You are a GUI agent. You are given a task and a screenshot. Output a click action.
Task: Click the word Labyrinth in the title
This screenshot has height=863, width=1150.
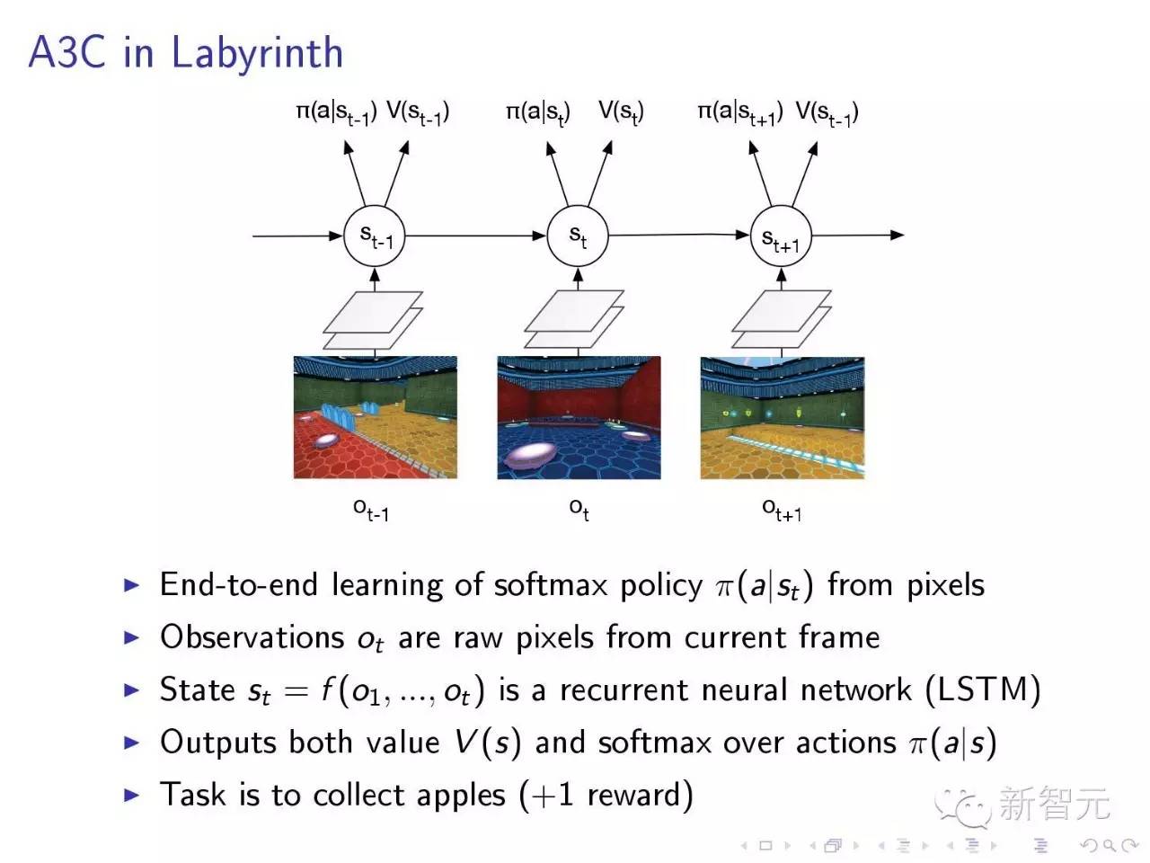pyautogui.click(x=257, y=52)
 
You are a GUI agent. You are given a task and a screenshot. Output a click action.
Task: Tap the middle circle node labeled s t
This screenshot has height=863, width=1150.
pyautogui.click(x=578, y=236)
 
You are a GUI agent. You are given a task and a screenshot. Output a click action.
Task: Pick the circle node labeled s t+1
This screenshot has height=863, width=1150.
pyautogui.click(x=780, y=237)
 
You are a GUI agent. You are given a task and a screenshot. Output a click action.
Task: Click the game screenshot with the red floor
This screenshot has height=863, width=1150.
pyautogui.click(x=375, y=417)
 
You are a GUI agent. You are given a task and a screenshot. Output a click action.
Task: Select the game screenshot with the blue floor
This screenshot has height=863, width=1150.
pyautogui.click(x=579, y=417)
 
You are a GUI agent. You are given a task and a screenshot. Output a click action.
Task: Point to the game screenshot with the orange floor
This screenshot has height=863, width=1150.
pyautogui.click(x=782, y=417)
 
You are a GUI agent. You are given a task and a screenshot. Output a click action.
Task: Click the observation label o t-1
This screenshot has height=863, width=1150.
pyautogui.click(x=371, y=510)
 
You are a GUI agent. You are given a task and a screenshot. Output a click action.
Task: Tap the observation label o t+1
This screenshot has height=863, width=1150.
pyautogui.click(x=782, y=510)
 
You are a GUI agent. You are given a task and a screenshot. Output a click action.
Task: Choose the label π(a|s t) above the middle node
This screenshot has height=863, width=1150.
pyautogui.click(x=537, y=113)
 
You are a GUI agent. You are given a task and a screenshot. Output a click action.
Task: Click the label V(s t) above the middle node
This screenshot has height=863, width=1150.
pyautogui.click(x=621, y=113)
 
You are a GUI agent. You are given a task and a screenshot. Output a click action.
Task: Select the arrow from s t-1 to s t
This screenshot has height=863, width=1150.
pyautogui.click(x=476, y=236)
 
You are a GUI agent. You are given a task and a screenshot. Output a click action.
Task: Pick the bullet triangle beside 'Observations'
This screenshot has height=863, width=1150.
pyautogui.click(x=132, y=637)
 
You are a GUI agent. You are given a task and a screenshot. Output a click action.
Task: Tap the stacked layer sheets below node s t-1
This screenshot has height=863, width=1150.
pyautogui.click(x=373, y=320)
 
